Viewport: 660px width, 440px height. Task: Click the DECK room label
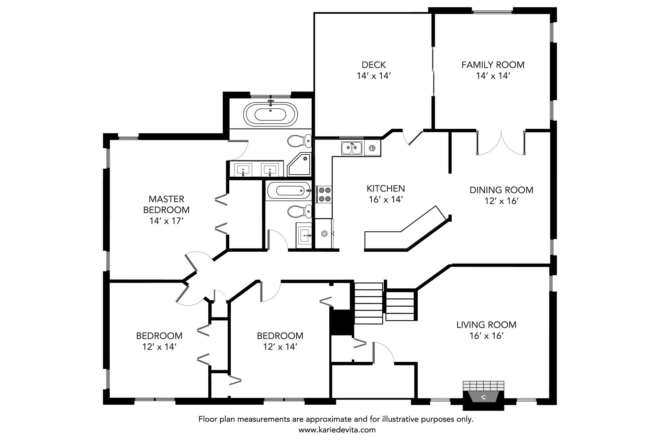(x=374, y=65)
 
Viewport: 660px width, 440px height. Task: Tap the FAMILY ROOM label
(x=493, y=65)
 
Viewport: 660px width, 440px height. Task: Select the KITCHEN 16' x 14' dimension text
(x=386, y=199)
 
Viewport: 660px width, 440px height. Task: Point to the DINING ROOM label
(x=501, y=190)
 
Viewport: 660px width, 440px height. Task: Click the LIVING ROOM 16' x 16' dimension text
(x=486, y=335)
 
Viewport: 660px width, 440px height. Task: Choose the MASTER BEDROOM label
(x=166, y=204)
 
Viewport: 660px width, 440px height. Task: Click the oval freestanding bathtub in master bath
(x=271, y=113)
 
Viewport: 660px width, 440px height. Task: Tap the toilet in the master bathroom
(x=299, y=141)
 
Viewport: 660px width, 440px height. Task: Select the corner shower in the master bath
(x=299, y=165)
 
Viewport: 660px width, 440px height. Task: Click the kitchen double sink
(x=352, y=148)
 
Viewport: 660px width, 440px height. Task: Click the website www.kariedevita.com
(x=337, y=430)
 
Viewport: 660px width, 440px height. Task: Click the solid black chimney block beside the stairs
(x=341, y=322)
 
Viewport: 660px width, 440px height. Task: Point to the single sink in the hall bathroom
(x=304, y=235)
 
